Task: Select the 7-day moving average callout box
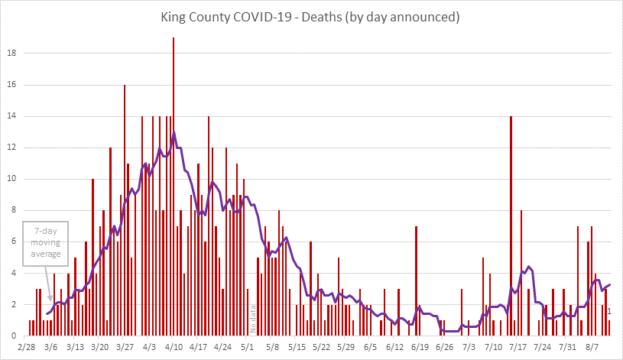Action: (x=46, y=243)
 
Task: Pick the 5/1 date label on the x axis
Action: (x=247, y=347)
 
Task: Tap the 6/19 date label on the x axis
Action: (x=420, y=347)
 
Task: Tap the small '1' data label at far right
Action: (x=609, y=311)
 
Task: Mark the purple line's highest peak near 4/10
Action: (x=174, y=132)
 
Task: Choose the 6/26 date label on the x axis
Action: (x=444, y=347)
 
